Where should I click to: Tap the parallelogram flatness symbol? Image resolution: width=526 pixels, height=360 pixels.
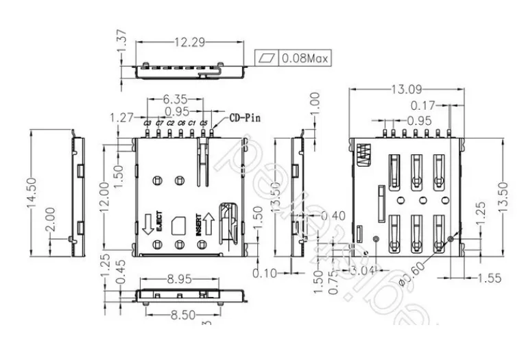tap(268, 59)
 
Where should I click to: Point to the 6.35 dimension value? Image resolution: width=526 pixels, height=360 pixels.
tap(175, 99)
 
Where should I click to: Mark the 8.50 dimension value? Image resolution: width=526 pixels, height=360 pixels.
tap(180, 314)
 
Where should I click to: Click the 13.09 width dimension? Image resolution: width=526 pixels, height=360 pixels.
tap(406, 89)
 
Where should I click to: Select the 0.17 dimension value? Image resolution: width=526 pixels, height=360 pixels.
tap(423, 106)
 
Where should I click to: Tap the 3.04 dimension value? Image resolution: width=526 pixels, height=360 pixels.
tap(363, 270)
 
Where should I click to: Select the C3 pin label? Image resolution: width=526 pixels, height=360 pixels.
tap(147, 123)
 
